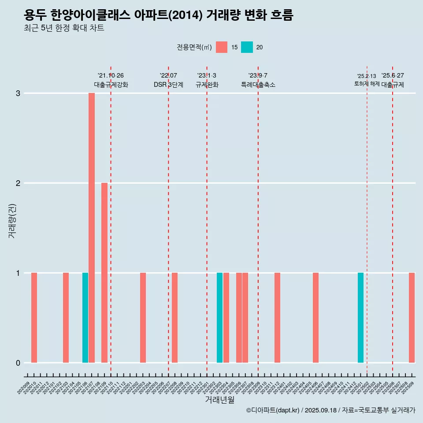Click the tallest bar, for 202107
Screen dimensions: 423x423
pyautogui.click(x=92, y=228)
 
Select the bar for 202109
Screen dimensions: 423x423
pyautogui.click(x=104, y=273)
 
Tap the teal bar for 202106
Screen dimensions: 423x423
pyautogui.click(x=85, y=318)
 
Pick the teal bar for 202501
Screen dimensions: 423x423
pyautogui.click(x=360, y=318)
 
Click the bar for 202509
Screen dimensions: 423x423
pyautogui.click(x=412, y=318)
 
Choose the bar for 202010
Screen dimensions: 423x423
pyautogui.click(x=34, y=318)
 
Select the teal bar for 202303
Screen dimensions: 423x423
pyautogui.click(x=219, y=318)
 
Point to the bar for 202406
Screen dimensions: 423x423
pyautogui.click(x=315, y=318)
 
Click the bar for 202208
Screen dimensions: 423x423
pyautogui.click(x=174, y=318)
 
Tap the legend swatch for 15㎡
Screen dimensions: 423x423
pyautogui.click(x=222, y=47)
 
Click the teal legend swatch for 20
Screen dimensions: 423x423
pyautogui.click(x=247, y=47)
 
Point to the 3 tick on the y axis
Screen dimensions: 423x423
pyautogui.click(x=18, y=93)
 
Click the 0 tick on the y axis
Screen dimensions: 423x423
pyautogui.click(x=18, y=363)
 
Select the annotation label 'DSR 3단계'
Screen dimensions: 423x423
pyautogui.click(x=168, y=85)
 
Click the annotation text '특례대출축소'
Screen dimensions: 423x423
pyautogui.click(x=258, y=85)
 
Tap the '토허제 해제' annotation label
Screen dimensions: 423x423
pyautogui.click(x=367, y=84)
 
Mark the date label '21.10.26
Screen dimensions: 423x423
pyautogui.click(x=111, y=75)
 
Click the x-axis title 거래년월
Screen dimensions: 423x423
pyautogui.click(x=219, y=400)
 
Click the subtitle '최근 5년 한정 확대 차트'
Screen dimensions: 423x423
pyautogui.click(x=64, y=28)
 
